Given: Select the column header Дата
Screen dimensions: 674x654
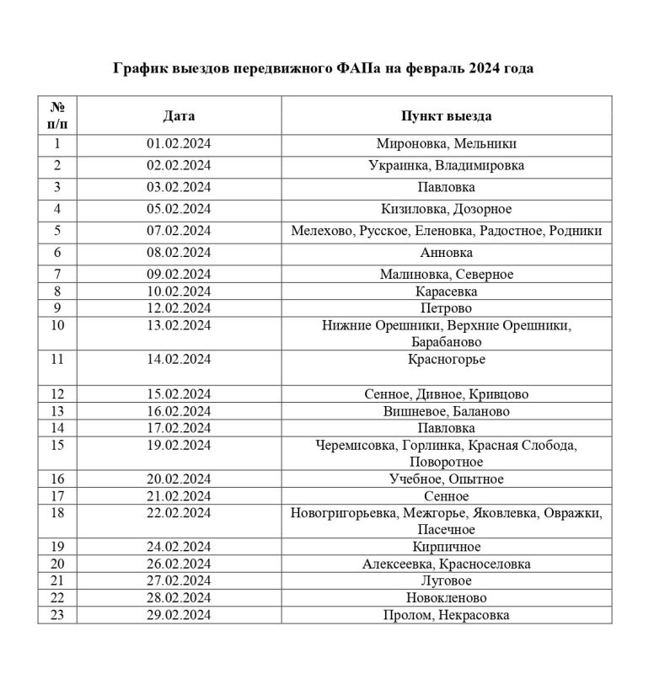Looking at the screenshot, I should click(179, 115).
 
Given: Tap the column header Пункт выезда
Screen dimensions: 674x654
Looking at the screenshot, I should click(446, 115).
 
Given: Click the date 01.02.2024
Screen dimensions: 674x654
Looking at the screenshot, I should click(179, 143).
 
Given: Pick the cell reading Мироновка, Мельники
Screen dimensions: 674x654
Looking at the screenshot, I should click(446, 143).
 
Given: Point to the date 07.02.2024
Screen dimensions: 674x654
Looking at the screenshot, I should click(179, 230).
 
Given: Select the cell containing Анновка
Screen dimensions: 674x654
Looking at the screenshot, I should click(446, 252).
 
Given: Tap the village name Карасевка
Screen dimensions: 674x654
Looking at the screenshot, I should click(446, 291).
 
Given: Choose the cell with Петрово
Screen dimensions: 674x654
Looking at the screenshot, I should click(446, 308).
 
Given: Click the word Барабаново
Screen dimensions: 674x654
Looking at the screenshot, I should click(446, 342).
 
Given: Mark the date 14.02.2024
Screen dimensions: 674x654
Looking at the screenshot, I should click(179, 360).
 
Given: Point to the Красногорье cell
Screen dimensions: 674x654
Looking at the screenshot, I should click(446, 360).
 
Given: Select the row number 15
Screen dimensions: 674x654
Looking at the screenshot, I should click(57, 445).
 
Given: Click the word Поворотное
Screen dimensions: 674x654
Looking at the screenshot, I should click(446, 462).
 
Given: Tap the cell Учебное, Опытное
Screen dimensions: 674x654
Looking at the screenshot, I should click(446, 479).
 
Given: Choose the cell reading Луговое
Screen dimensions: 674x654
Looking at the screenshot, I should click(446, 581).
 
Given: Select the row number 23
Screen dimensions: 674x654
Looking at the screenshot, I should click(57, 615).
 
